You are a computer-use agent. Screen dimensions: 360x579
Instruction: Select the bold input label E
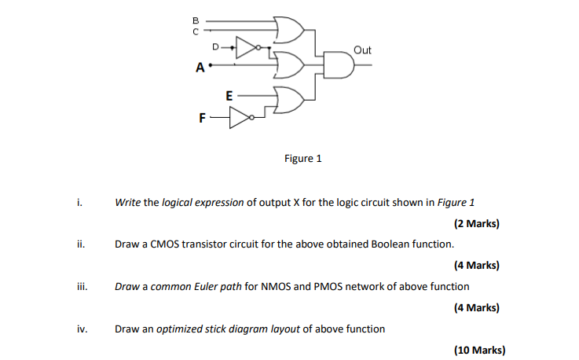229,95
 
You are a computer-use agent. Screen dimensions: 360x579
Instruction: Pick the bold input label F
202,119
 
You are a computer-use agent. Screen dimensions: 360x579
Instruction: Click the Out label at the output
362,50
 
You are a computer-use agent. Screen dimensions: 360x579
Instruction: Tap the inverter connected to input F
243,119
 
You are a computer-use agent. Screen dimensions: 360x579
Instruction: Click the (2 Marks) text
477,223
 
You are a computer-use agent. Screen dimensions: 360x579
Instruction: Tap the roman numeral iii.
81,287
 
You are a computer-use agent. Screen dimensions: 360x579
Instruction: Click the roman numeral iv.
82,329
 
